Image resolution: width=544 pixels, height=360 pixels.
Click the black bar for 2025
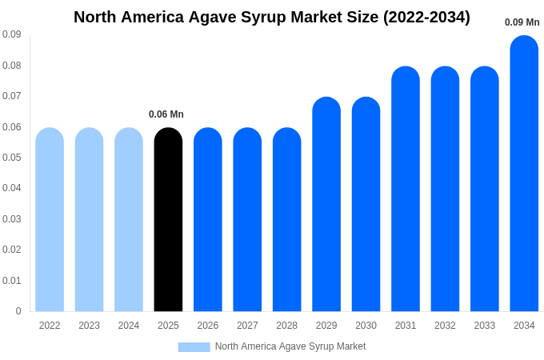(168, 220)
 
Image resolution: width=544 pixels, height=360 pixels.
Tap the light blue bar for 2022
(50, 220)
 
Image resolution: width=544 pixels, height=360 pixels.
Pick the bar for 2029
(326, 205)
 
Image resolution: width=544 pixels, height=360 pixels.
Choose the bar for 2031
(406, 189)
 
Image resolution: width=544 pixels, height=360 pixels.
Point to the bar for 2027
(247, 220)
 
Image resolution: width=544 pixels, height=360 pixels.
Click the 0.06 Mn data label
(166, 114)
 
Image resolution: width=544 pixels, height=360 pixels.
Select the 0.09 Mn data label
(522, 22)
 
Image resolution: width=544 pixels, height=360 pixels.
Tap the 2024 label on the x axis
(129, 326)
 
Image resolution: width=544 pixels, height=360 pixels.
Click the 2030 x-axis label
(366, 326)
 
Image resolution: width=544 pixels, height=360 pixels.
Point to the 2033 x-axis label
(485, 326)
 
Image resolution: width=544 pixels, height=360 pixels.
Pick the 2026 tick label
(208, 326)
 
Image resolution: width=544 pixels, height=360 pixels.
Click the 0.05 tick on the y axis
(11, 158)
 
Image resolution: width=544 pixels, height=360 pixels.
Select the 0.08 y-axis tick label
(11, 66)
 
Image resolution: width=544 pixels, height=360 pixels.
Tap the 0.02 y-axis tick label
(11, 250)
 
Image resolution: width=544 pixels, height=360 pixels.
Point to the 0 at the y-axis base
(18, 311)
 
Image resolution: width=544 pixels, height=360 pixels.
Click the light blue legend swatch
(194, 347)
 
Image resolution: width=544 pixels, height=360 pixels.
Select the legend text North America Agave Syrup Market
(290, 346)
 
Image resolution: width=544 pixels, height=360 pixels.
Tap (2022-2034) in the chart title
(426, 17)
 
